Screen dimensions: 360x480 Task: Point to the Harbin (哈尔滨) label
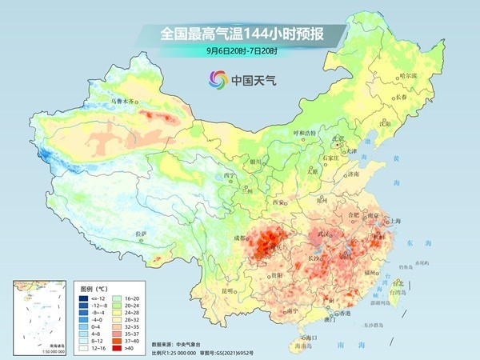407,76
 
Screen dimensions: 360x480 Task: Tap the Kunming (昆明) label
230,290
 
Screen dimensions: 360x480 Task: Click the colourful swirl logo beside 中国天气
218,79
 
